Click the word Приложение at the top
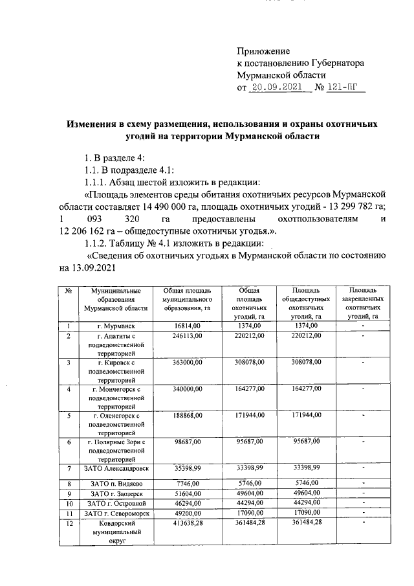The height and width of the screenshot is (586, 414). [x=263, y=51]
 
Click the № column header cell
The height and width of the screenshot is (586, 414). [x=68, y=291]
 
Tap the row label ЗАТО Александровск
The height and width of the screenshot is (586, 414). [x=115, y=468]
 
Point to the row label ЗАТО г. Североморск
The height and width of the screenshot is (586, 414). [x=115, y=513]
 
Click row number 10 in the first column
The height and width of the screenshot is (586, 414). [x=68, y=503]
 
